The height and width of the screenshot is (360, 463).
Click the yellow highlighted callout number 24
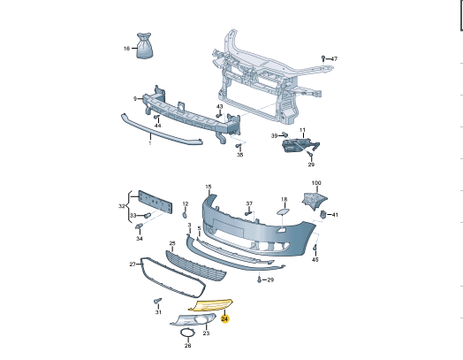click(x=224, y=319)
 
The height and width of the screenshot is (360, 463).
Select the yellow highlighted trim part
click(x=211, y=305)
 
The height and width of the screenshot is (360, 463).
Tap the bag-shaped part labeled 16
click(x=144, y=46)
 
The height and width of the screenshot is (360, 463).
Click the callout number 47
click(x=334, y=58)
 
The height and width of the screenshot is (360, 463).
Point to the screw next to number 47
click(x=323, y=57)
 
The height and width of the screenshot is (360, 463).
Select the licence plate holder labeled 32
click(x=156, y=202)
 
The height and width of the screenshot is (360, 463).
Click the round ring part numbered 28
click(x=187, y=333)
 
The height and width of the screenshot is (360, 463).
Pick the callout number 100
click(x=316, y=183)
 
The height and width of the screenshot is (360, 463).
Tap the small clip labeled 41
click(x=323, y=214)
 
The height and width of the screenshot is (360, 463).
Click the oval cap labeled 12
click(x=185, y=215)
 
